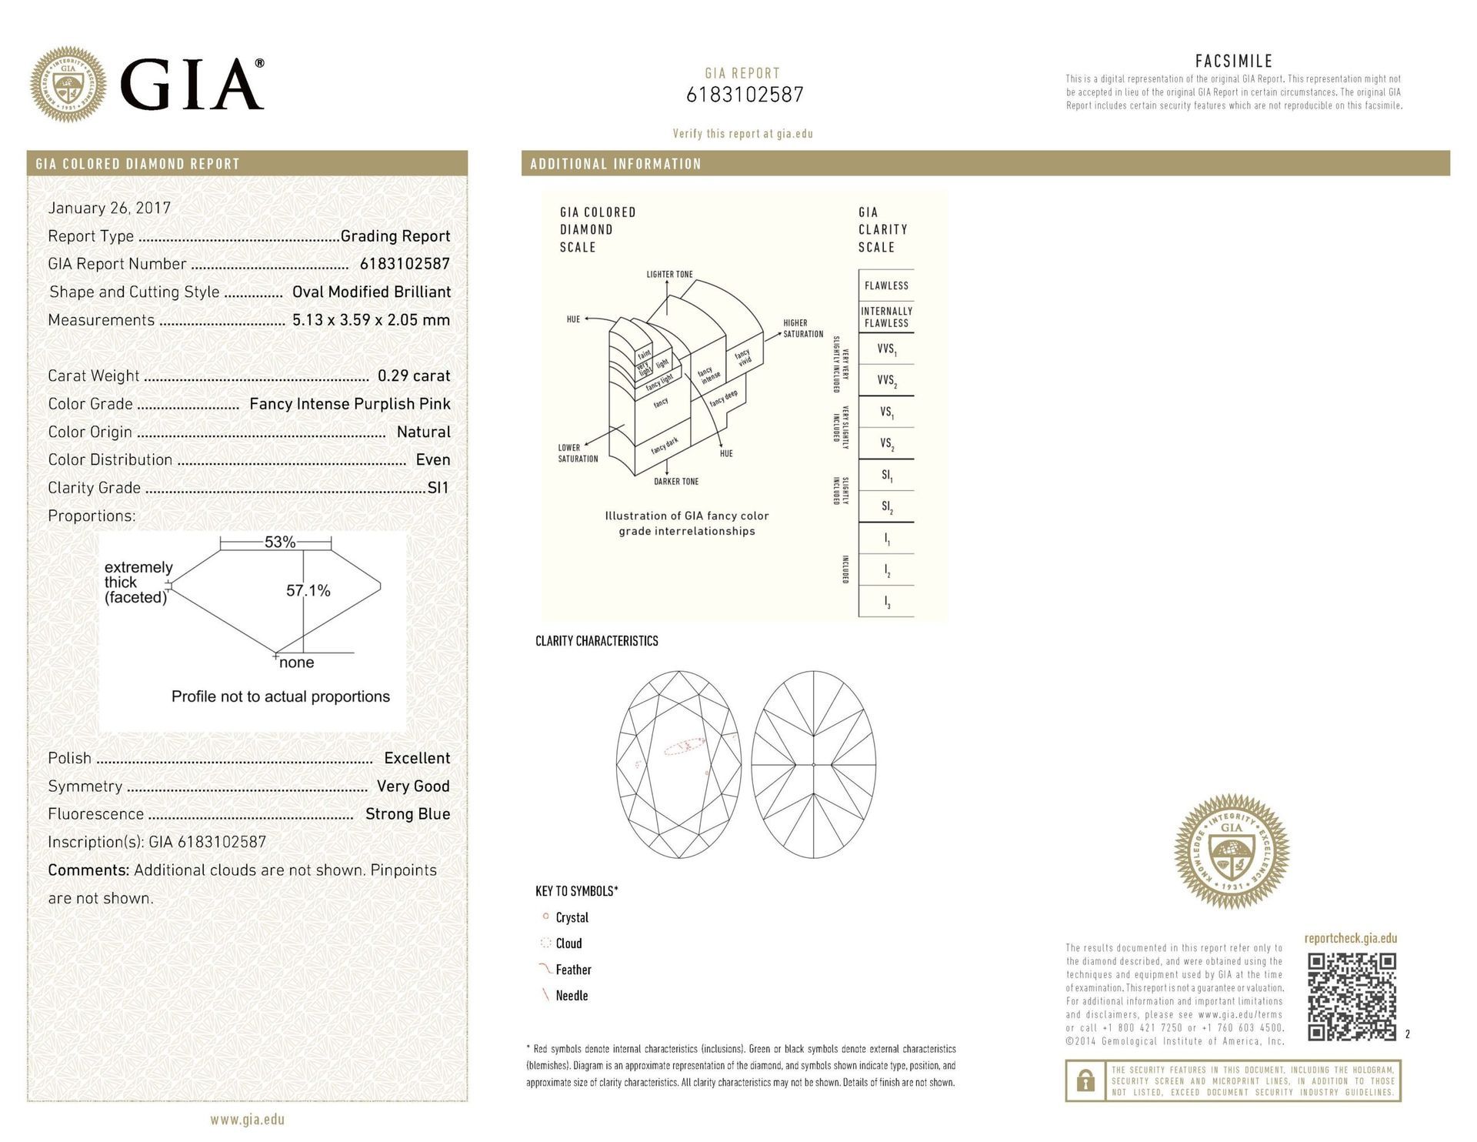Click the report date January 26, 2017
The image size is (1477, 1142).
109,208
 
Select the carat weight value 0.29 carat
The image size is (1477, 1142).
413,376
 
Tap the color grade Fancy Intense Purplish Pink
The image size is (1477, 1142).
350,404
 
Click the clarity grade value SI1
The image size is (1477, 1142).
438,488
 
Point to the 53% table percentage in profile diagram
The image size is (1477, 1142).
280,542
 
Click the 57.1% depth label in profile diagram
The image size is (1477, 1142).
308,590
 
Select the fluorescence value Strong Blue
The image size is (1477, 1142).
408,814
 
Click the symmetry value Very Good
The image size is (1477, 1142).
413,786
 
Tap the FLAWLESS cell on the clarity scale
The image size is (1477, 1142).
886,285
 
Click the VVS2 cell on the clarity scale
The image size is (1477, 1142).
886,380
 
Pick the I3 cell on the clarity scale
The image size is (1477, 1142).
886,603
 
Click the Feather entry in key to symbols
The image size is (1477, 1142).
572,970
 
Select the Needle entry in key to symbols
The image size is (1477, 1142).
571,996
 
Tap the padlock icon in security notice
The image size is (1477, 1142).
1085,1081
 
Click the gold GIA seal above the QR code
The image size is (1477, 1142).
1232,852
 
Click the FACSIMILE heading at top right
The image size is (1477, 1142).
1233,61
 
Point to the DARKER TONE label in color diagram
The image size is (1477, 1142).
676,482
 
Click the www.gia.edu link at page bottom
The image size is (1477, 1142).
247,1120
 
